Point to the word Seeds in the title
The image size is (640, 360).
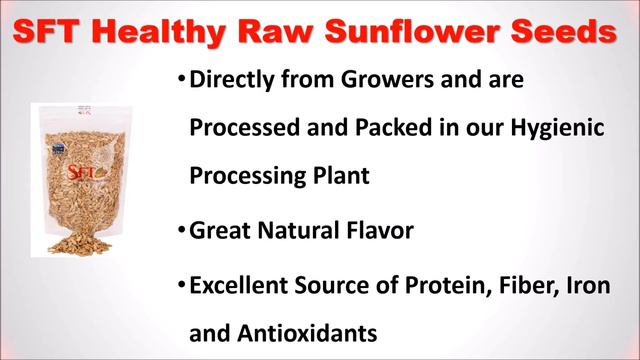[561, 33]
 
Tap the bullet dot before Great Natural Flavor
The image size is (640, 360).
[181, 230]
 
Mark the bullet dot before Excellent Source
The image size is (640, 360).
[181, 284]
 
